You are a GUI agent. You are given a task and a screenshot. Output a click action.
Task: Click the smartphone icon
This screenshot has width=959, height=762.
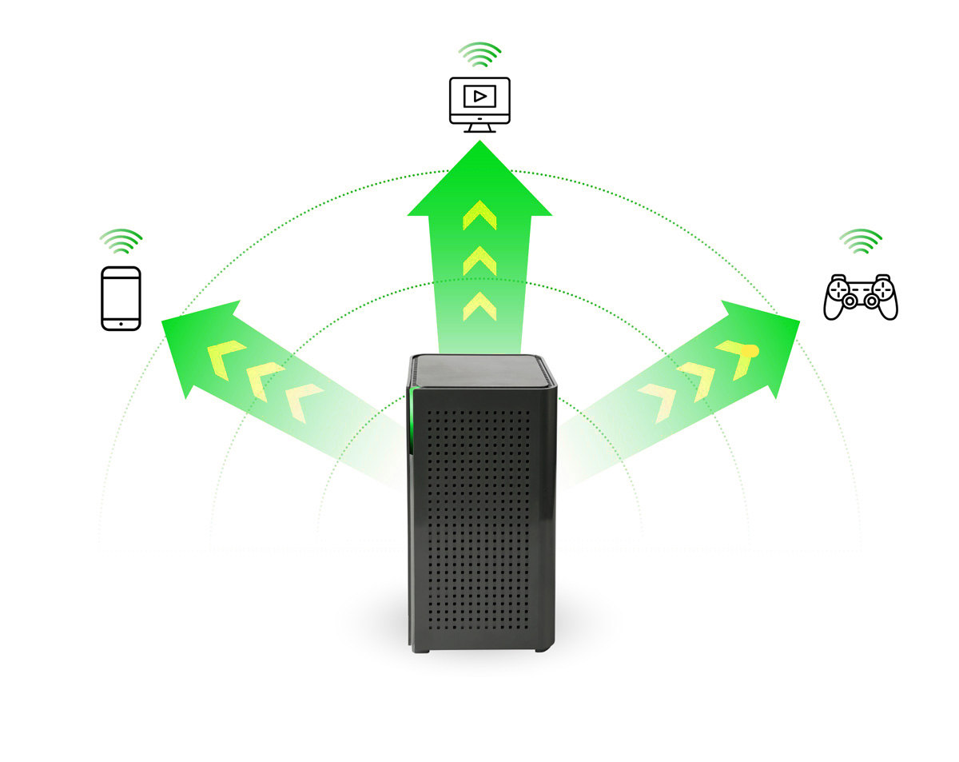click(x=121, y=298)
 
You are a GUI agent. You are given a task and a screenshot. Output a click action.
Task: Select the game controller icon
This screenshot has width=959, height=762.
click(x=861, y=297)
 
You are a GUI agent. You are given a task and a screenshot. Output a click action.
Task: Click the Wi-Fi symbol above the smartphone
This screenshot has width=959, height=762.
click(x=121, y=241)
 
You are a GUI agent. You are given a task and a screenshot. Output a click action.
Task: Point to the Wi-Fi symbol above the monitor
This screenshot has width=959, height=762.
click(x=479, y=55)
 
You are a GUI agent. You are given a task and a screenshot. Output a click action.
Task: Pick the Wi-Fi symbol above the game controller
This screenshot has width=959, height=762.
click(x=861, y=241)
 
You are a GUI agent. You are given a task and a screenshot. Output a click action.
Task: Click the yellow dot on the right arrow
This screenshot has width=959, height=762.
click(x=752, y=351)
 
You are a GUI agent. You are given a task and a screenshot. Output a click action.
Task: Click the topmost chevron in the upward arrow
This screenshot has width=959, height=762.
click(x=479, y=214)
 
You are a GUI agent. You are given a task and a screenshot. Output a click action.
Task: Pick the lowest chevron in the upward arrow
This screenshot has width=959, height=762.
click(x=479, y=305)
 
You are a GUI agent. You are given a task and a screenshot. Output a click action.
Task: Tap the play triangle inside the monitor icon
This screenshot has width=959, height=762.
click(x=479, y=97)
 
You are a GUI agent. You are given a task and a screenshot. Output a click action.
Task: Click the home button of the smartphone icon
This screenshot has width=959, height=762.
click(x=121, y=324)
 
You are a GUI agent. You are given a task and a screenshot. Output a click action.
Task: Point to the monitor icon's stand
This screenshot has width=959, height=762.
click(x=479, y=128)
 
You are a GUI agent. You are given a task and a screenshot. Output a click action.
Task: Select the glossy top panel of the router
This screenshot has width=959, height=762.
click(x=481, y=369)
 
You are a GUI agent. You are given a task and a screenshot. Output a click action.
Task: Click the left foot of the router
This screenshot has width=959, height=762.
click(x=422, y=648)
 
